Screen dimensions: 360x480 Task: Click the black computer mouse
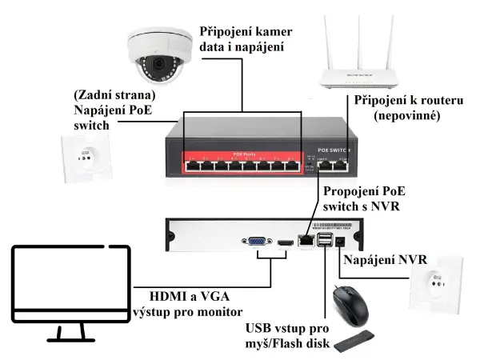[x=352, y=304]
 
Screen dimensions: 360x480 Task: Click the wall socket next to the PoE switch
[x=84, y=157]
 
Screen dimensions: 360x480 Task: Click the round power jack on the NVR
[x=342, y=239]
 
